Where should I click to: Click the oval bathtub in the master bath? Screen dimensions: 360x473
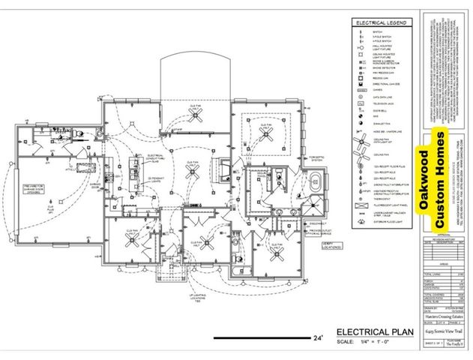[x=316, y=181]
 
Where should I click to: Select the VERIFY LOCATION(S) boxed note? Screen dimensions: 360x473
[x=328, y=247]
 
